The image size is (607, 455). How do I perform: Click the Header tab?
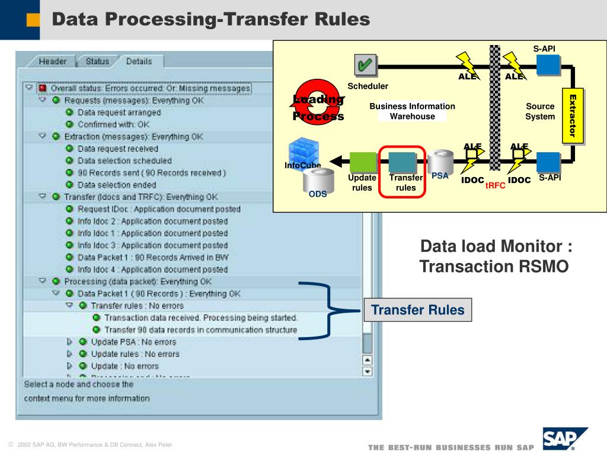tap(53, 61)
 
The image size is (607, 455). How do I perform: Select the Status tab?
tap(97, 61)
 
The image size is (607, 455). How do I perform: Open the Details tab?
tap(139, 61)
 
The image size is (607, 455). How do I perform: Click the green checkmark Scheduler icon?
tap(365, 66)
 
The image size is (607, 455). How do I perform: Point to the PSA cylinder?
tap(440, 161)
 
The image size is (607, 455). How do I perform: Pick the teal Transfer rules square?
tap(402, 162)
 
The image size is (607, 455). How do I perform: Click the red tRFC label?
tap(495, 185)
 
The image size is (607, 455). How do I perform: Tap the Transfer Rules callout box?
tap(418, 310)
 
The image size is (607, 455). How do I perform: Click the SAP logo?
tap(564, 439)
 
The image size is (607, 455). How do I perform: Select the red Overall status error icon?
tap(42, 88)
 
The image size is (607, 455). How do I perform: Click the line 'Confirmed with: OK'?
tap(113, 124)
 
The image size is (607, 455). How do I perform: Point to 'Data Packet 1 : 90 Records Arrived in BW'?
tap(152, 257)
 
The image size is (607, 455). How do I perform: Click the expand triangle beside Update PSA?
tap(69, 342)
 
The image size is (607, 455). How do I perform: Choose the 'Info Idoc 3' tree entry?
tap(152, 245)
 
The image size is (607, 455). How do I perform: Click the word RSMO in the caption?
tap(547, 267)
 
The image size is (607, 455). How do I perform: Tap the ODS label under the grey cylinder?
tap(318, 194)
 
